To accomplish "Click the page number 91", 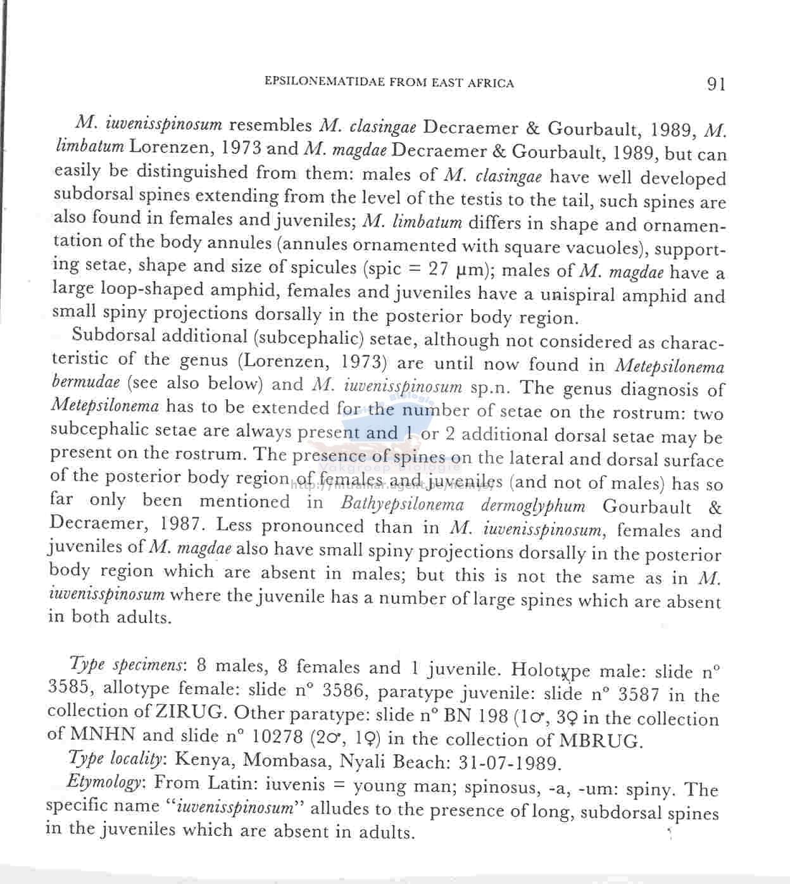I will pyautogui.click(x=716, y=84).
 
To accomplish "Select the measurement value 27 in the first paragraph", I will pyautogui.click(x=438, y=269).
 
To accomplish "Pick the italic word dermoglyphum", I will pyautogui.click(x=533, y=506).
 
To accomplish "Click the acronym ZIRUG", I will pyautogui.click(x=190, y=712).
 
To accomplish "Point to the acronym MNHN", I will pyautogui.click(x=103, y=735).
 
